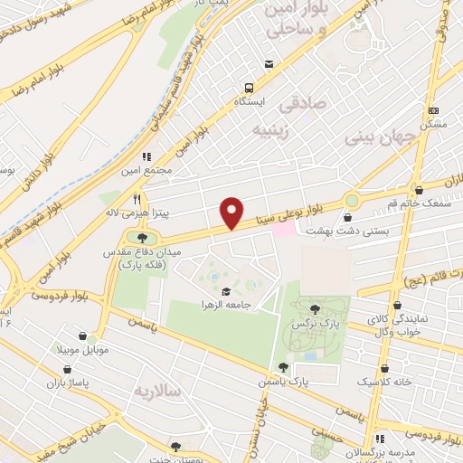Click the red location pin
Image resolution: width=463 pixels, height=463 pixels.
[232, 213]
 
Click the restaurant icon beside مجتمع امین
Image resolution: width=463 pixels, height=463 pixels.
[146, 156]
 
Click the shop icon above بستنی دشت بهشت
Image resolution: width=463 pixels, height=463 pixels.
[348, 217]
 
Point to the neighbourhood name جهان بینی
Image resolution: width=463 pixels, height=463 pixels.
[379, 137]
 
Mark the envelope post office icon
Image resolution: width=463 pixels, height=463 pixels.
[269, 63]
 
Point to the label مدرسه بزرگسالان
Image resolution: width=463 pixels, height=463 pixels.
[429, 451]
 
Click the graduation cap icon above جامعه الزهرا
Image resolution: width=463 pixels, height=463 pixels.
[224, 291]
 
